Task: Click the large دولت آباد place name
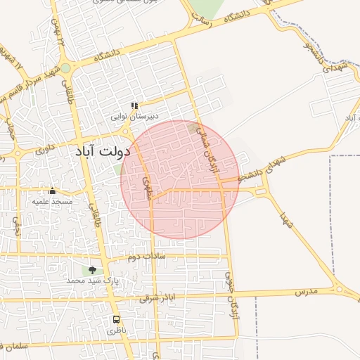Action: tap(103, 151)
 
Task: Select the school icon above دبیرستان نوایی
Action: tap(134, 105)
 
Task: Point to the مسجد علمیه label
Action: tap(52, 201)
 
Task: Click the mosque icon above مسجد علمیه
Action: tap(52, 191)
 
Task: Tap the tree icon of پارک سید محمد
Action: tap(92, 269)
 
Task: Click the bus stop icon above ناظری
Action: tap(116, 319)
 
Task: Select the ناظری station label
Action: tap(115, 329)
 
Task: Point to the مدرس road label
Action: tap(307, 290)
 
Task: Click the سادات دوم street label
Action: tap(146, 257)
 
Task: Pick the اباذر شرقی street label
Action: tap(155, 298)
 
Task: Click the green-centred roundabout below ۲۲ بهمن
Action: tap(65, 68)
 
